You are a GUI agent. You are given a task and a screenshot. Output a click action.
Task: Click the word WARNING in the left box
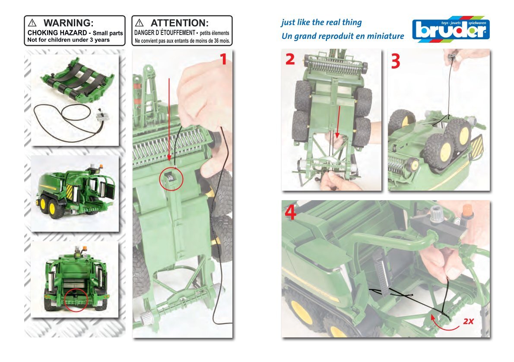(x=68, y=23)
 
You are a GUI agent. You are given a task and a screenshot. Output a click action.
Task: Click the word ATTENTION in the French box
(x=179, y=23)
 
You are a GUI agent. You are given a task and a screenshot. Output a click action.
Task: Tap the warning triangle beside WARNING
(x=32, y=22)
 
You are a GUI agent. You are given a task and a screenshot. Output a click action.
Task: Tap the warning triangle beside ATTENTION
(x=140, y=22)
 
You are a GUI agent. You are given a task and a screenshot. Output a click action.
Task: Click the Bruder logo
(x=451, y=29)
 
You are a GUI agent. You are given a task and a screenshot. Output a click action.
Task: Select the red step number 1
(x=223, y=59)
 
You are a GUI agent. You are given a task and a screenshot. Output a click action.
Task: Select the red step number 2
(x=290, y=59)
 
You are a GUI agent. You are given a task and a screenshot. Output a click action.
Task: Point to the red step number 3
(x=396, y=61)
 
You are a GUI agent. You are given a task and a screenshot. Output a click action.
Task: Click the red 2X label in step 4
(x=469, y=321)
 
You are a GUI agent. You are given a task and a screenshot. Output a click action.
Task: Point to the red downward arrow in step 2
(x=338, y=121)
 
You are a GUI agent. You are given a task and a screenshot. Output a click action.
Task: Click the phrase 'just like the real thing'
(x=321, y=22)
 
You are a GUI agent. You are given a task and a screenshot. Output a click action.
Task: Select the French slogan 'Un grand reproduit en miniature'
(x=343, y=36)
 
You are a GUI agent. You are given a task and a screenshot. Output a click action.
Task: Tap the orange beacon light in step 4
(x=467, y=211)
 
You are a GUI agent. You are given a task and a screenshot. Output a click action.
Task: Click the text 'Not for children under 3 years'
(x=69, y=40)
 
